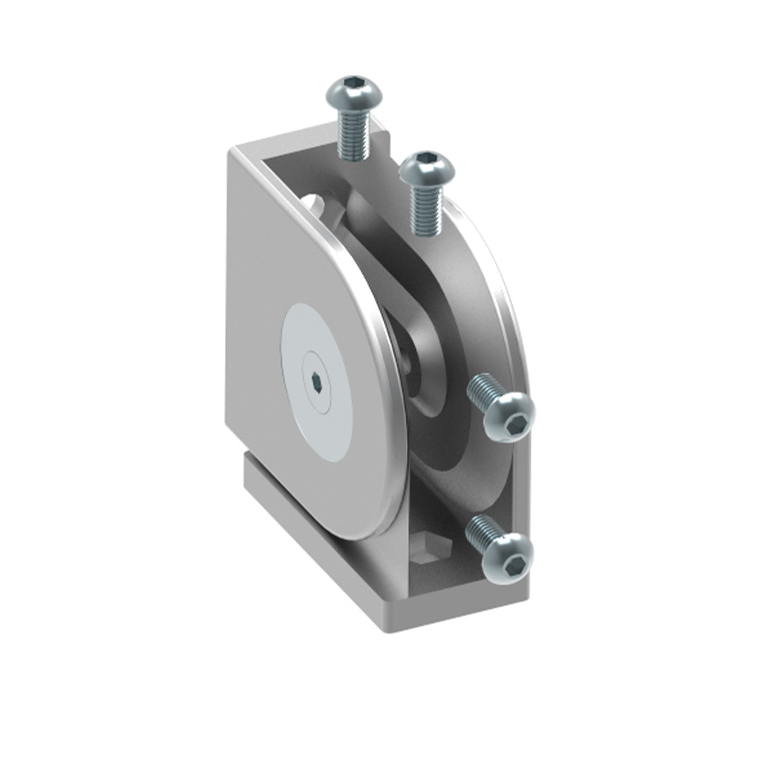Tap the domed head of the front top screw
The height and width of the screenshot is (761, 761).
tap(427, 168)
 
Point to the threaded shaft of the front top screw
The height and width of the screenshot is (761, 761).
tap(426, 211)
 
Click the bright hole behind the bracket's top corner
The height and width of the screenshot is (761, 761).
tap(315, 205)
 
